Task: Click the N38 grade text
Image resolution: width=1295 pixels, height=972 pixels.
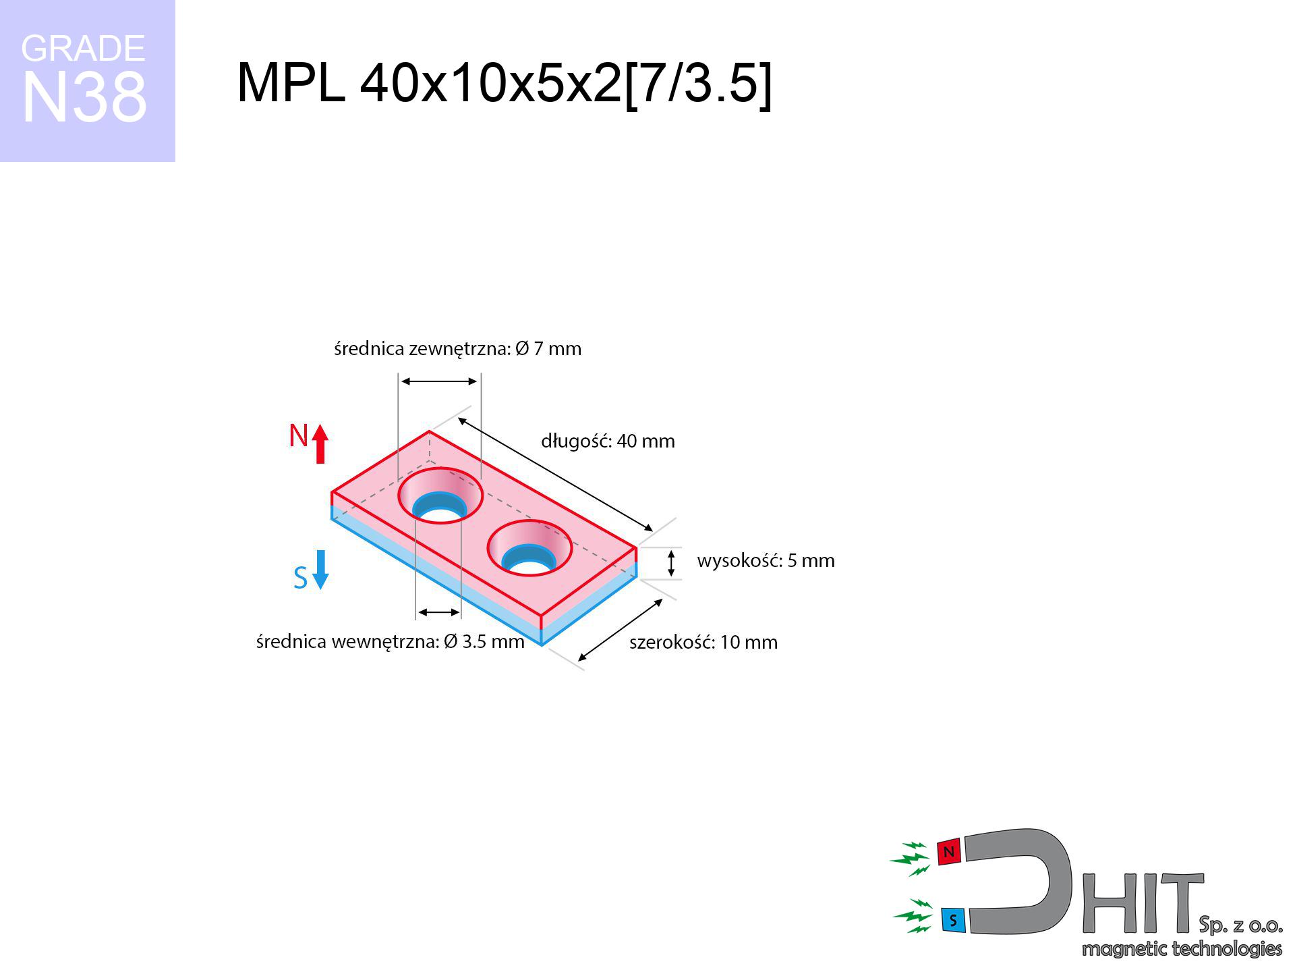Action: point(84,97)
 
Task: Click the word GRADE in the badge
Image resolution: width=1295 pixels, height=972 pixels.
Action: point(83,49)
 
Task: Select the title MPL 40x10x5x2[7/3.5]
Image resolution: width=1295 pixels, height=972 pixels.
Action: point(504,83)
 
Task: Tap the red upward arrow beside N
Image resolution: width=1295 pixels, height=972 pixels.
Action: point(320,443)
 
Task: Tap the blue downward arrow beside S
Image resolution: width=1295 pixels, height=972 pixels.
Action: point(320,570)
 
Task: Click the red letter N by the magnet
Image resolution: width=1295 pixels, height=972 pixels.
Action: point(298,435)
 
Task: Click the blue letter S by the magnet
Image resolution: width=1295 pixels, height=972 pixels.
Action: point(301,578)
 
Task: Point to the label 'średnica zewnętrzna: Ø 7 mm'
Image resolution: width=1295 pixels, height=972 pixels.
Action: point(457,348)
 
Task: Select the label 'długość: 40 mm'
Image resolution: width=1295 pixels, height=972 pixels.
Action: point(608,441)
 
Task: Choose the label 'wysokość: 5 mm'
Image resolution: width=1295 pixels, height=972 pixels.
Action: point(766,560)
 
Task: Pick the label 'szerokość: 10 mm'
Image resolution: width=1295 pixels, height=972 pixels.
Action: point(703,642)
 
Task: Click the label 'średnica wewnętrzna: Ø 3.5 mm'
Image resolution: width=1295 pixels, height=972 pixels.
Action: point(390,641)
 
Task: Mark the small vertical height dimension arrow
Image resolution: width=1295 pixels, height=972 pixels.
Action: point(671,564)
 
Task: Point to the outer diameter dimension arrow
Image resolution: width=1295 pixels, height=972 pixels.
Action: point(439,381)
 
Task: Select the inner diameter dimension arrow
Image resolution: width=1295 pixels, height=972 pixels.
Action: point(439,612)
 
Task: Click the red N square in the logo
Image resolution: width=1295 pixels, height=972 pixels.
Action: point(949,853)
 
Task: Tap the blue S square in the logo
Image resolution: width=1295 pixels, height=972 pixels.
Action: point(953,920)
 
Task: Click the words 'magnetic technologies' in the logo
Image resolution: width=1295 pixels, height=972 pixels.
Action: point(1182,949)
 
